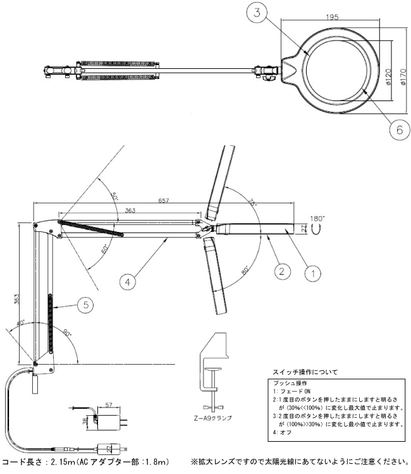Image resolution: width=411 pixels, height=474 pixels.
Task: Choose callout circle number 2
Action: point(282,272)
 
